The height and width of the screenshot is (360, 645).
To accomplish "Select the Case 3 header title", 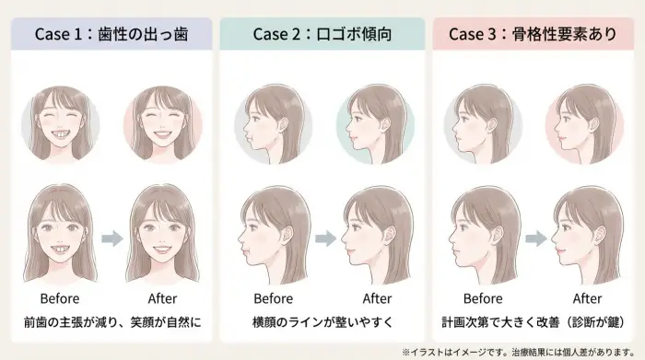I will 533,35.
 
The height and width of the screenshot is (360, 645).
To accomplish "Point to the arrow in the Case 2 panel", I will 323,238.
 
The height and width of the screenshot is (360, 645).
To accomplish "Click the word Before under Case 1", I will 60,298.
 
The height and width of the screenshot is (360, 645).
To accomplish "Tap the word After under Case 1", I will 163,298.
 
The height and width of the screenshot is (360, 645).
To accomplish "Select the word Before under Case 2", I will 273,298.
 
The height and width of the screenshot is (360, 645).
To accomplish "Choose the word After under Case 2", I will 376,298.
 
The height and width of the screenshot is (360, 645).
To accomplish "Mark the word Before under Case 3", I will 483,298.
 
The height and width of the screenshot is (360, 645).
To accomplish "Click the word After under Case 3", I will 587,298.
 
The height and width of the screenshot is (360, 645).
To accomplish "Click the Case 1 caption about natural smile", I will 111,323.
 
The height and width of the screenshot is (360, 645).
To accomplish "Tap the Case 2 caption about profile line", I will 322,323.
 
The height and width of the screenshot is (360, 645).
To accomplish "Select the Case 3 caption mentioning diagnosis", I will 534,323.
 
